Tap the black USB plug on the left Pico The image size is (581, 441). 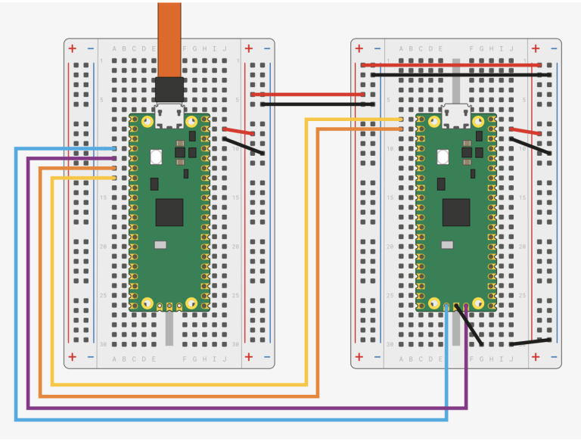tap(169, 89)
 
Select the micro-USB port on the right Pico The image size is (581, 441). tap(456, 114)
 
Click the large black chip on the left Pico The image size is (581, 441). tap(169, 213)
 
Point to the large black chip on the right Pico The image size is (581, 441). tap(456, 213)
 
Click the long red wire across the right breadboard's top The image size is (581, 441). tap(454, 65)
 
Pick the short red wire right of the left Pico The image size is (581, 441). tap(238, 132)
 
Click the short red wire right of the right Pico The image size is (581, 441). tap(526, 132)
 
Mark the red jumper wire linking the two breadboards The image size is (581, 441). tap(310, 95)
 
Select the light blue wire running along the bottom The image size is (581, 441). tap(227, 418)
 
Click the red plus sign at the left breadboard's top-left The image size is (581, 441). tap(73, 49)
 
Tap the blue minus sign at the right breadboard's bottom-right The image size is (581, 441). tap(554, 357)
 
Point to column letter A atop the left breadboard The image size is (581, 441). tap(114, 49)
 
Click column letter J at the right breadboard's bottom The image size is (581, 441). tap(511, 357)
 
